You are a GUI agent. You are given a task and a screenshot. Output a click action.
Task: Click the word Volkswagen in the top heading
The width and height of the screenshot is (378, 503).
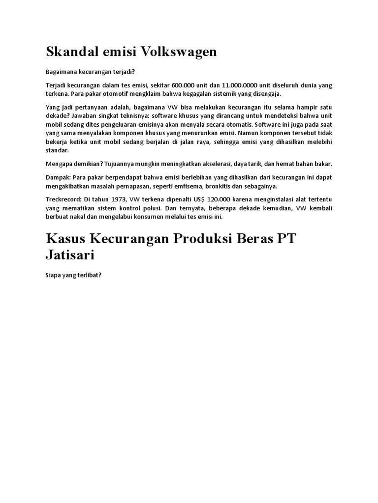179,52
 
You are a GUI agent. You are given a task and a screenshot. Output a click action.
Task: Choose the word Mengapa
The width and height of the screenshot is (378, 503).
59,163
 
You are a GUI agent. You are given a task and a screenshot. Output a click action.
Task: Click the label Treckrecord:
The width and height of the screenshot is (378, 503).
64,199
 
